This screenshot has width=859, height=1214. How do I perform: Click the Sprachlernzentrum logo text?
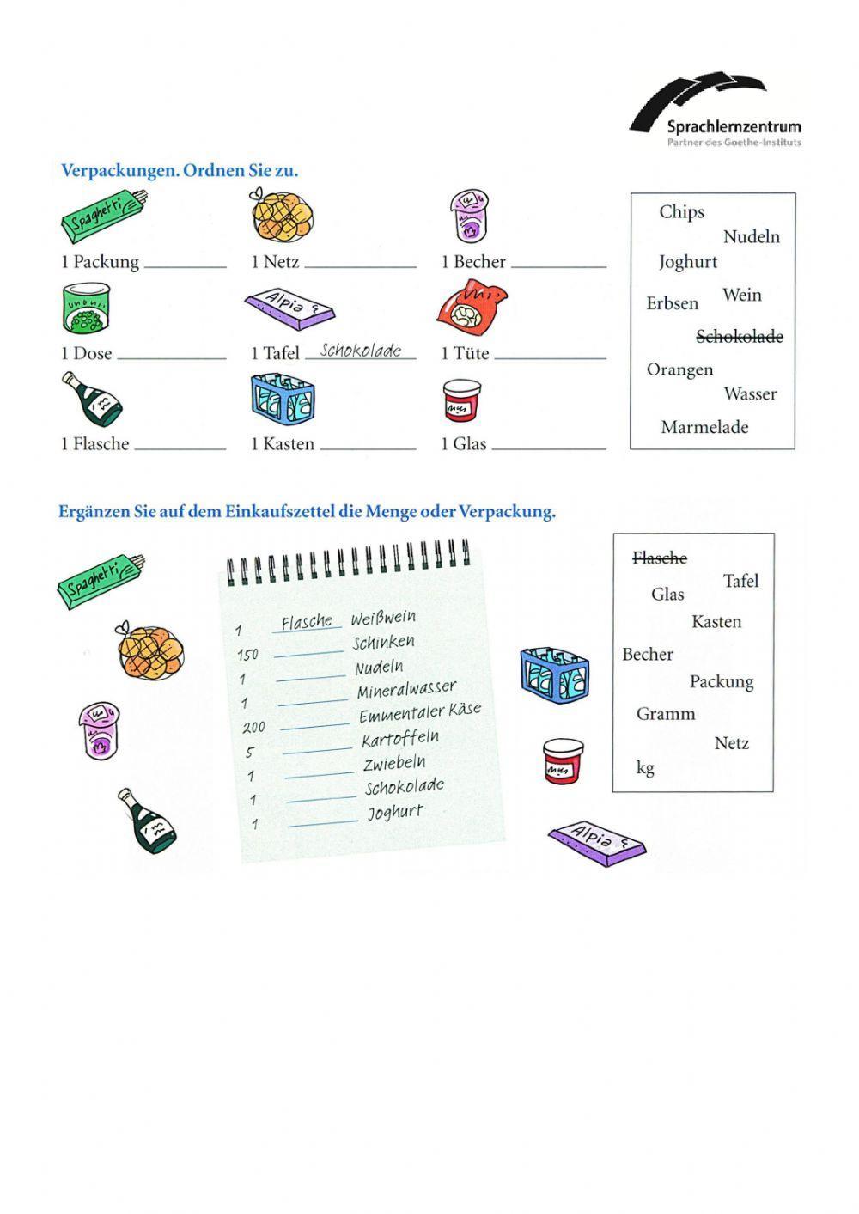(x=734, y=127)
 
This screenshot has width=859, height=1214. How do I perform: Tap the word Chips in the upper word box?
(x=681, y=212)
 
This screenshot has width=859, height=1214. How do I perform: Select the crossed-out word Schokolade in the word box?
(x=739, y=337)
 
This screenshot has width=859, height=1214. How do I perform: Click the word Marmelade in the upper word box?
(x=704, y=427)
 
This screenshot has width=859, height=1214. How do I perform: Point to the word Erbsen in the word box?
(x=673, y=303)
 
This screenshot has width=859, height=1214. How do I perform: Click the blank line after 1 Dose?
(x=171, y=357)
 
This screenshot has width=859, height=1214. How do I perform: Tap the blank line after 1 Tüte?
(x=550, y=357)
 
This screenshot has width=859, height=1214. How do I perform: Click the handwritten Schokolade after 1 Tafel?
(x=360, y=351)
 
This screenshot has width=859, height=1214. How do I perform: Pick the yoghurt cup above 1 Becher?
(x=469, y=217)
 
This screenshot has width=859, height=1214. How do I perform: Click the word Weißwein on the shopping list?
(x=383, y=618)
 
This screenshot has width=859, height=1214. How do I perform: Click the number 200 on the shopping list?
(x=253, y=728)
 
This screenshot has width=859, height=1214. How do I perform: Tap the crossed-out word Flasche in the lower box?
(x=659, y=558)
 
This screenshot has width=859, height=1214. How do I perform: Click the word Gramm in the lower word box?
(x=666, y=714)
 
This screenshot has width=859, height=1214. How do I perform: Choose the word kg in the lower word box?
(x=645, y=767)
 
